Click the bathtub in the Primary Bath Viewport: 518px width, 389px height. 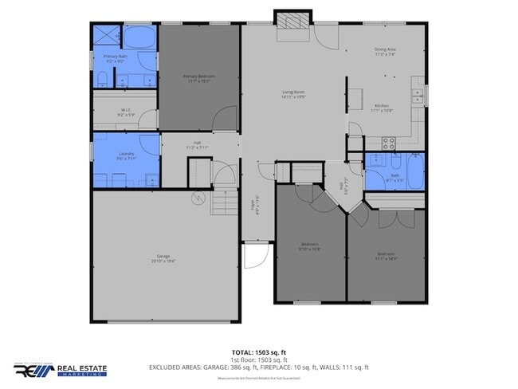[141, 37]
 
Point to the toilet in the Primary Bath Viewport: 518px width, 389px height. [103, 78]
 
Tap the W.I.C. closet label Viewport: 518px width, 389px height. [126, 111]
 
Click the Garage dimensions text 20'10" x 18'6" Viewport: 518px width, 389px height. [163, 261]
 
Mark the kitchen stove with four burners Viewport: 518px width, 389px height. [389, 143]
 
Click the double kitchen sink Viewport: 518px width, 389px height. [417, 96]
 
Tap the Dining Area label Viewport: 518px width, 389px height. [385, 50]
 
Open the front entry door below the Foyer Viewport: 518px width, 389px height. [254, 257]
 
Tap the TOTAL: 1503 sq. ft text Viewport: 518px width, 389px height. [258, 352]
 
